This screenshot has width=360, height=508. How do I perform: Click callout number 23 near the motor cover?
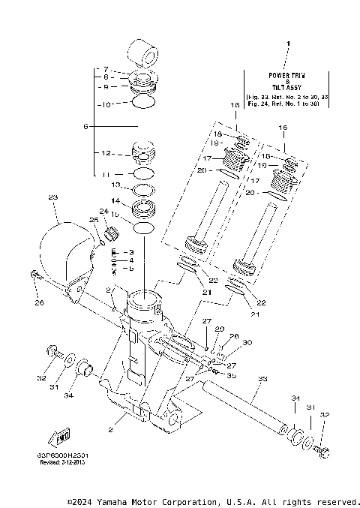point(52,197)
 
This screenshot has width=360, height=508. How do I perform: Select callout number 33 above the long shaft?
point(262,379)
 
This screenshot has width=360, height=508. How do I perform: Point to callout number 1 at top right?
point(288,47)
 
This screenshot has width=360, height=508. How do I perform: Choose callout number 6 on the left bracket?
point(86,126)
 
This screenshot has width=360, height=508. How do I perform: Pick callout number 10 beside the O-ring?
point(106,104)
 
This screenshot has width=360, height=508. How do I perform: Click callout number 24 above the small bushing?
point(104,212)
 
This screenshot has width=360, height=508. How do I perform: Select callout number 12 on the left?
point(106,153)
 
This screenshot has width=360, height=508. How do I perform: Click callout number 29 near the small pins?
point(220,329)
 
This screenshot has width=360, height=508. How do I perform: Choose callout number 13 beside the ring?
point(115,185)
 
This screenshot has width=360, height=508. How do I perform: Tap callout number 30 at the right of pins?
point(247,343)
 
